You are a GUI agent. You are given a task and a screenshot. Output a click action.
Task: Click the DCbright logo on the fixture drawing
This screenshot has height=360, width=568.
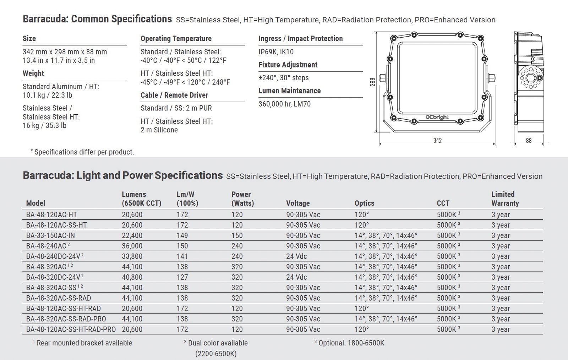point(437,117)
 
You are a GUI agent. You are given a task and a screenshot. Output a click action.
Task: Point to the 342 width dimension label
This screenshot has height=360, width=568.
point(437,141)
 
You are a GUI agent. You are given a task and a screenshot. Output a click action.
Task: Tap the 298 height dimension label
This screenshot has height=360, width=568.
point(372,82)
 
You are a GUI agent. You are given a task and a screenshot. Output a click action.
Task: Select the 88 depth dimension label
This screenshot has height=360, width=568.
point(529,141)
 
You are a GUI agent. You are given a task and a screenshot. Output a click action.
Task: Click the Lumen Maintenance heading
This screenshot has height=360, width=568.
point(289,91)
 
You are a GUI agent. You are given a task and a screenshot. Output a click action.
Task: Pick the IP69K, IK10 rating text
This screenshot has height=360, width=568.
point(276,52)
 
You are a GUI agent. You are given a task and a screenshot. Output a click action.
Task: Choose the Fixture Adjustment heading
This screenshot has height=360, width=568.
point(288,65)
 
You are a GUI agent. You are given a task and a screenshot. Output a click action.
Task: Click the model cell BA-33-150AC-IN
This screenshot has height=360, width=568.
point(50,235)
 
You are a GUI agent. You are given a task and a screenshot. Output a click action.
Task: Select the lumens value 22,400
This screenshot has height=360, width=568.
point(132,235)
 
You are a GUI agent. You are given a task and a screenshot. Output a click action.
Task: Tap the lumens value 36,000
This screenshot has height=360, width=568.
point(132,246)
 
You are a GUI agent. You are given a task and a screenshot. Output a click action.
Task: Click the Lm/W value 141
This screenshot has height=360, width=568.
point(182,256)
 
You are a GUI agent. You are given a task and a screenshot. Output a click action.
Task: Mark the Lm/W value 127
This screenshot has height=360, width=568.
point(182,277)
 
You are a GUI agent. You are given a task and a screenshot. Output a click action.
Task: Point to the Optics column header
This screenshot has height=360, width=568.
point(364,203)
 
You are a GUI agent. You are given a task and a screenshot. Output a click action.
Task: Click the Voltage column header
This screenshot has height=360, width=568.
point(298,203)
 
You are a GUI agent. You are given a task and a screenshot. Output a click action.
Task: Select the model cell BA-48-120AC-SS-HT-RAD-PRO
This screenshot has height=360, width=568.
point(71,329)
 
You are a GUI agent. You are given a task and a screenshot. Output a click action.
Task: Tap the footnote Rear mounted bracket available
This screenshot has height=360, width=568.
point(84,343)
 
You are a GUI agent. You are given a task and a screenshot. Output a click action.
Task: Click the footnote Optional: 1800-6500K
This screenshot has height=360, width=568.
point(351,343)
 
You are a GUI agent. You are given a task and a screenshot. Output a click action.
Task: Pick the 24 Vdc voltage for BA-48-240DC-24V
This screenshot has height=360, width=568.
point(296,256)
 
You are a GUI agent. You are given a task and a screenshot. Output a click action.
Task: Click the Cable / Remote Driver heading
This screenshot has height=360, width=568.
point(174,95)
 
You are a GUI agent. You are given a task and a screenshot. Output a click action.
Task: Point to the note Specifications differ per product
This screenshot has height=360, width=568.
point(84,152)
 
